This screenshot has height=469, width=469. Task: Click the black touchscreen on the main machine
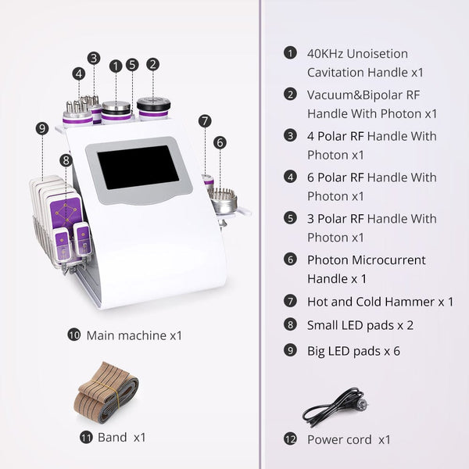138,166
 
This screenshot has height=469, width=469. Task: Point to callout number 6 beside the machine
220,142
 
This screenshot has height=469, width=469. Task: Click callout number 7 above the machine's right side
205,121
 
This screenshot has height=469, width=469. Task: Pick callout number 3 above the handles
94,57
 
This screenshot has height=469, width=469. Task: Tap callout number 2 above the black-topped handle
153,65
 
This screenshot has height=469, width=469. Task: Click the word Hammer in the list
407,302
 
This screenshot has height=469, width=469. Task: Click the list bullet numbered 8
291,324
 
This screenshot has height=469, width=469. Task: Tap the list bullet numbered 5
291,218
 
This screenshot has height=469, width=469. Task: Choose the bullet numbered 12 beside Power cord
291,439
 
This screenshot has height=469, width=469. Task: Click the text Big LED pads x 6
353,350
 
